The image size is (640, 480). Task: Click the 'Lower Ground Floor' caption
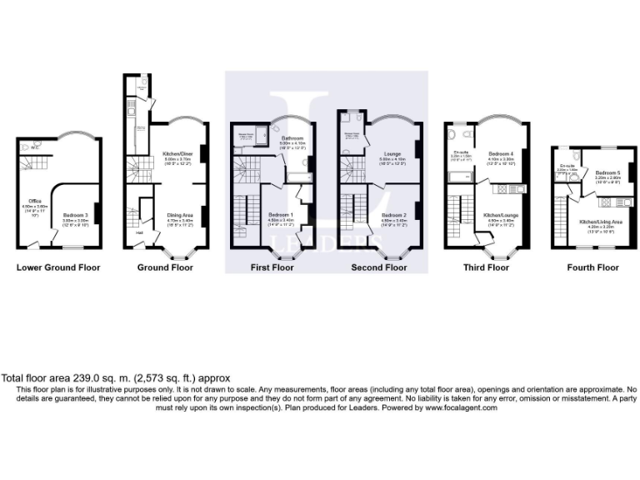58,267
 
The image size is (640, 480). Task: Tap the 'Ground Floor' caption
165,267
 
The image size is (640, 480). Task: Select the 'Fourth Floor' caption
593,267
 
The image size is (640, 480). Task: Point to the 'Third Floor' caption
487,267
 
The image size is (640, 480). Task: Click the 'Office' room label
34,200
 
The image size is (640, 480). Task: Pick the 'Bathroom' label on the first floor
292,138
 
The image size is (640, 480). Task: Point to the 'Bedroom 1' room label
279,214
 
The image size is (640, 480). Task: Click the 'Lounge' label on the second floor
392,154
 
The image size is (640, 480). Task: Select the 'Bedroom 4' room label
500,154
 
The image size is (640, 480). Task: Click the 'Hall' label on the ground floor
140,232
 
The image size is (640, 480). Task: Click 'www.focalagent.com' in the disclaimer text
456,407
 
